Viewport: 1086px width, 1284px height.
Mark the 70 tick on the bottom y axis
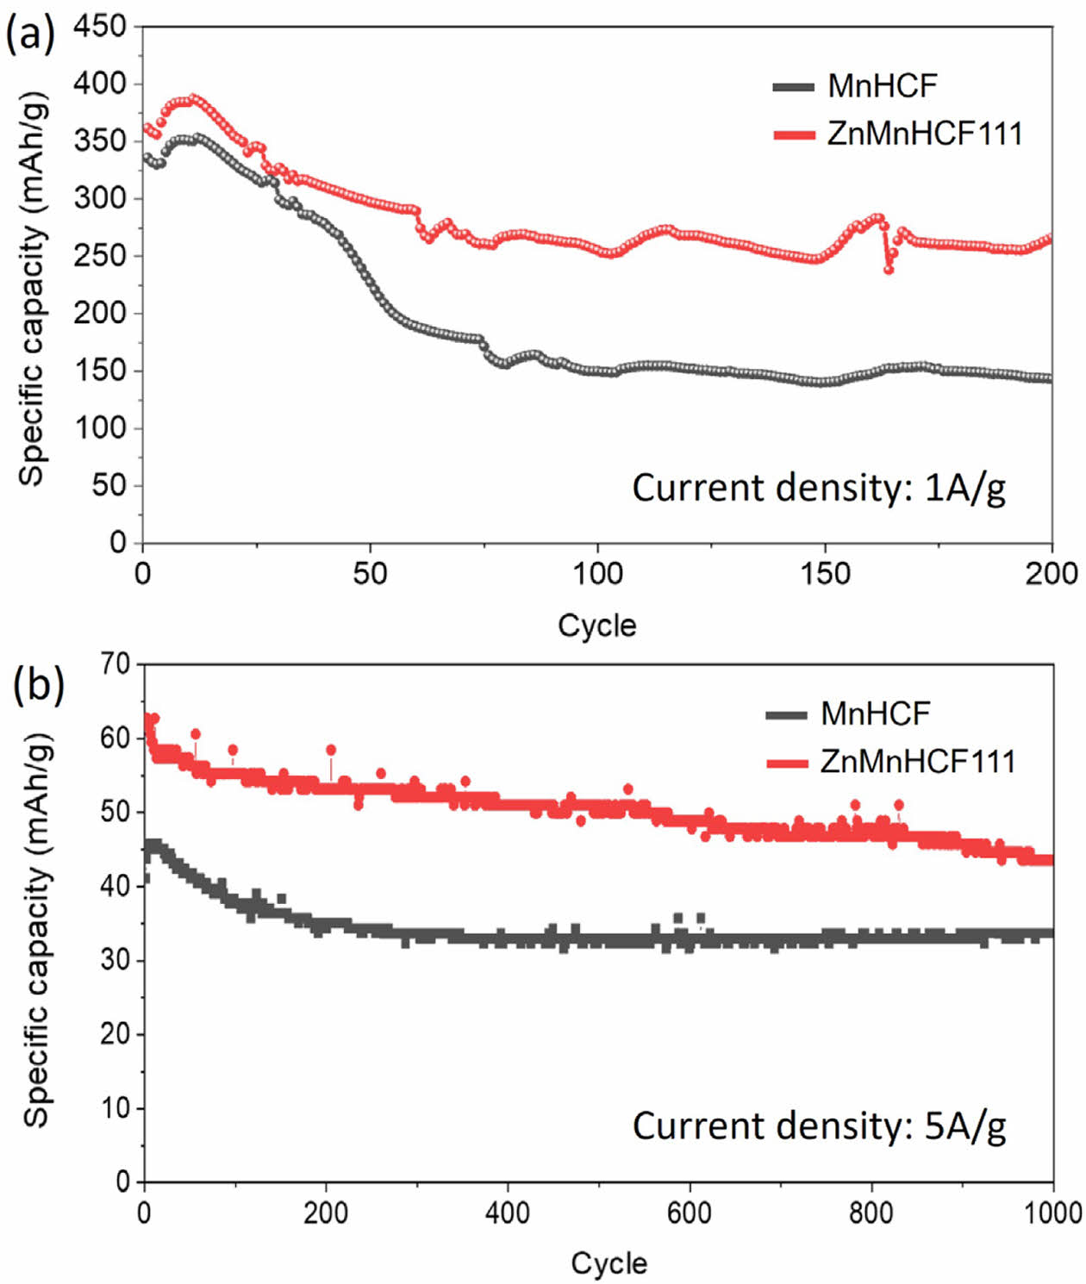coord(115,664)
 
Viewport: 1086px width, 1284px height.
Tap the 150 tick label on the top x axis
coord(825,574)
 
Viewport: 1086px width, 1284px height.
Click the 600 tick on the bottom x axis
coord(689,1213)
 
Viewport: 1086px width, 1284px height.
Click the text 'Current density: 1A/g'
coord(818,489)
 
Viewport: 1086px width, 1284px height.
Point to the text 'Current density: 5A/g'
coord(819,1126)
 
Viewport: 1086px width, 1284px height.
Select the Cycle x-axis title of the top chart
coord(596,626)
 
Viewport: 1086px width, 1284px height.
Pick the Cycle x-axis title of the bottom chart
coord(609,1263)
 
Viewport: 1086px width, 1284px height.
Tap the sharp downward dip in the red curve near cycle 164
coord(889,270)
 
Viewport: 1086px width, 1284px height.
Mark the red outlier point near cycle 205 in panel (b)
coord(331,751)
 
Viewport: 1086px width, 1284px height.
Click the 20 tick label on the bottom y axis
coord(115,1033)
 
